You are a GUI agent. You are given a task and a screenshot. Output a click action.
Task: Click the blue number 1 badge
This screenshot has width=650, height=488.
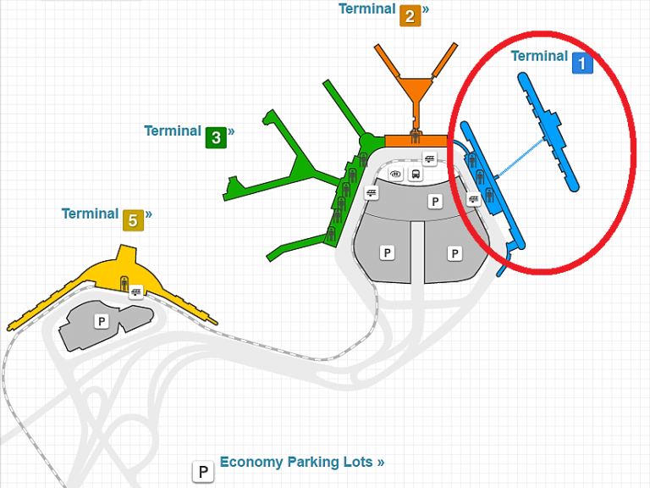582,63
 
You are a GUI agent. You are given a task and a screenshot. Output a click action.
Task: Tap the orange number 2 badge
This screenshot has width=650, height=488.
410,15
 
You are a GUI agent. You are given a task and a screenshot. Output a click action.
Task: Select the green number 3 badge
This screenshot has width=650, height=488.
216,136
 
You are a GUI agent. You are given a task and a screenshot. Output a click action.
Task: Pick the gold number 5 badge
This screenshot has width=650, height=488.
133,219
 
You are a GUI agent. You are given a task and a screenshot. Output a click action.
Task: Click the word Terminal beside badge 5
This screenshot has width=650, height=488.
90,213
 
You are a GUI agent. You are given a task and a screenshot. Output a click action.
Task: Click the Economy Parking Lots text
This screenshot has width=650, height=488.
301,462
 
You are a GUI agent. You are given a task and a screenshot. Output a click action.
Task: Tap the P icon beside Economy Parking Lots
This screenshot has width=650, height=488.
203,472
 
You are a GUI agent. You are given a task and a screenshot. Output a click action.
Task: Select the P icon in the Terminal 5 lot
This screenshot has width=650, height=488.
102,321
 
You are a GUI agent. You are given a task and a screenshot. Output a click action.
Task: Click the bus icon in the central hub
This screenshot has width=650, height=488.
416,175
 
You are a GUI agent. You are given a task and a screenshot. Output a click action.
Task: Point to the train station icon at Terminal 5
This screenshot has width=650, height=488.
136,293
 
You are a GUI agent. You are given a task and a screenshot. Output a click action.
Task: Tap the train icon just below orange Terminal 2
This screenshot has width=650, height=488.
430,158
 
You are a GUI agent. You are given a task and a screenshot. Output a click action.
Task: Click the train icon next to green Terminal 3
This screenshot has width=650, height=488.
371,193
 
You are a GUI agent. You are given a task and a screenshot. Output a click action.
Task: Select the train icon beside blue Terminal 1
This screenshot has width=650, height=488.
473,199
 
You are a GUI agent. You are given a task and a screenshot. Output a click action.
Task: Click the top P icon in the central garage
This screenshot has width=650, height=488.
435,201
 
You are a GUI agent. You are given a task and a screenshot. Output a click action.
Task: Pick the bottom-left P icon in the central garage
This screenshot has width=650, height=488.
387,252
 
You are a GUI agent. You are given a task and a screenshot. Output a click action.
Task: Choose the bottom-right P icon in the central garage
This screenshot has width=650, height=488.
454,252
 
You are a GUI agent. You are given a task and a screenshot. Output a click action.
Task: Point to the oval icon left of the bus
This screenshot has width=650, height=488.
395,175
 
